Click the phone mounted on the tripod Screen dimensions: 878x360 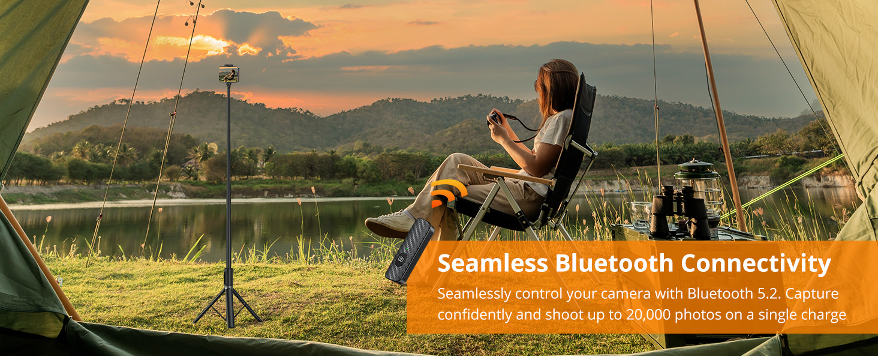(x=229, y=74)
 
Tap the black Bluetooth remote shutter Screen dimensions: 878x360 (x=410, y=251)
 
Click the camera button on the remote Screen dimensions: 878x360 (x=401, y=259)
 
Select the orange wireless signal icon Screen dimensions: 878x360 (x=447, y=193)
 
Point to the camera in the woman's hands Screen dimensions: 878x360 (x=495, y=118)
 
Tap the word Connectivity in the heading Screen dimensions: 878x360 (x=756, y=263)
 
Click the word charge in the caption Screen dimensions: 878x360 (x=822, y=315)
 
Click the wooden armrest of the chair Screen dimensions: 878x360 (x=506, y=175)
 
